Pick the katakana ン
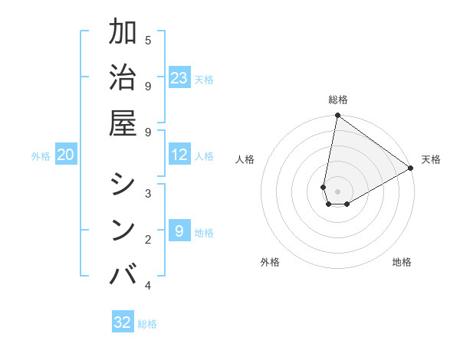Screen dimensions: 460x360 [x=123, y=228]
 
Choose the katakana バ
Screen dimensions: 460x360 [x=123, y=273]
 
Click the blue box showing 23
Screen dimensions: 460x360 [x=179, y=77]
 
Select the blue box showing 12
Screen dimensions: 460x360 [x=179, y=155]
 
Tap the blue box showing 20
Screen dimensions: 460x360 [x=66, y=155]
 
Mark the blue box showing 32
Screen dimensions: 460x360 [x=123, y=322]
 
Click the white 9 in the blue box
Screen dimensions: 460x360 [x=179, y=231]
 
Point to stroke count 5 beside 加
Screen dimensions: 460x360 [x=148, y=41]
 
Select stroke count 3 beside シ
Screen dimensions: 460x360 [x=148, y=193]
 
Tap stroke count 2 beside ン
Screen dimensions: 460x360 [x=148, y=240]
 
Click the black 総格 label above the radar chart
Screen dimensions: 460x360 [x=338, y=100]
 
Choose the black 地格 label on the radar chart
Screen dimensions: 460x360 [x=402, y=262]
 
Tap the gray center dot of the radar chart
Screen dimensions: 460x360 [x=337, y=191]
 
